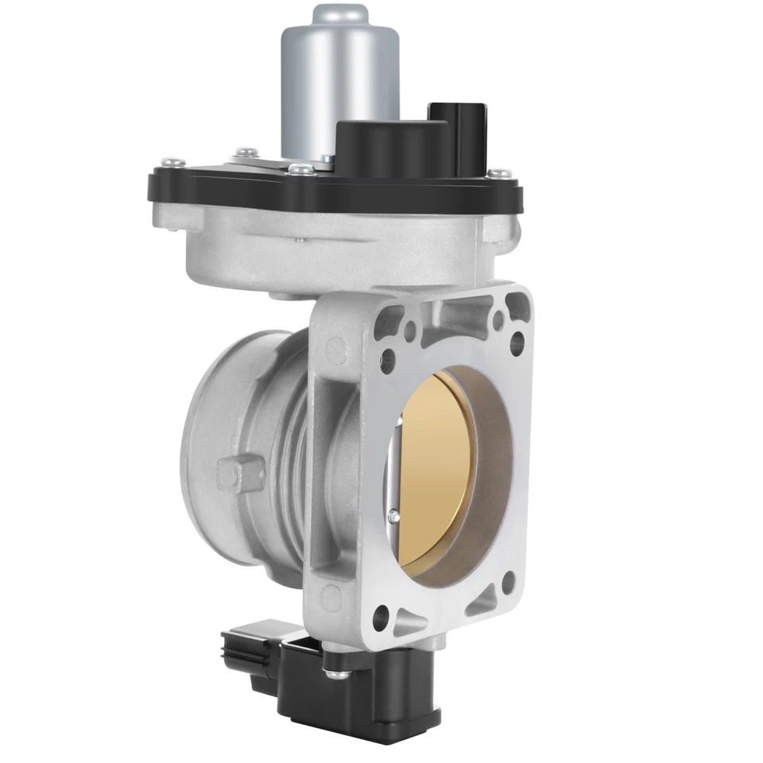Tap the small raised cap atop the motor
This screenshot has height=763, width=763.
point(343,14)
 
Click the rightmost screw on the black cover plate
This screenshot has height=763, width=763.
point(499,171)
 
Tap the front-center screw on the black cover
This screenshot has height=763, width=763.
point(300,168)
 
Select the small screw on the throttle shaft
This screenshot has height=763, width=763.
point(393,517)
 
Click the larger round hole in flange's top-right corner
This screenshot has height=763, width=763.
point(517,342)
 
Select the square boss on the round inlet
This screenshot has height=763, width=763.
point(237,474)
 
